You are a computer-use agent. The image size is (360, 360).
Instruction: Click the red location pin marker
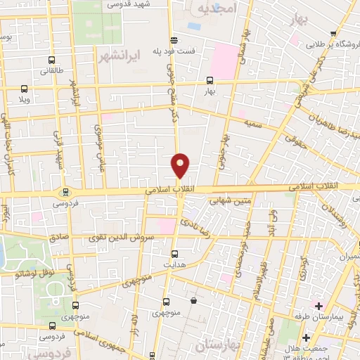point(181,165)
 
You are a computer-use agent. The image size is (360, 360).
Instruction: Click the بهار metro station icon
point(208,80)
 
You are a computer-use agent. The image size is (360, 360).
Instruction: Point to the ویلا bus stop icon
point(24,89)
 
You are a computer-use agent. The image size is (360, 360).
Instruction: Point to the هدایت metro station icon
point(175,254)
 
